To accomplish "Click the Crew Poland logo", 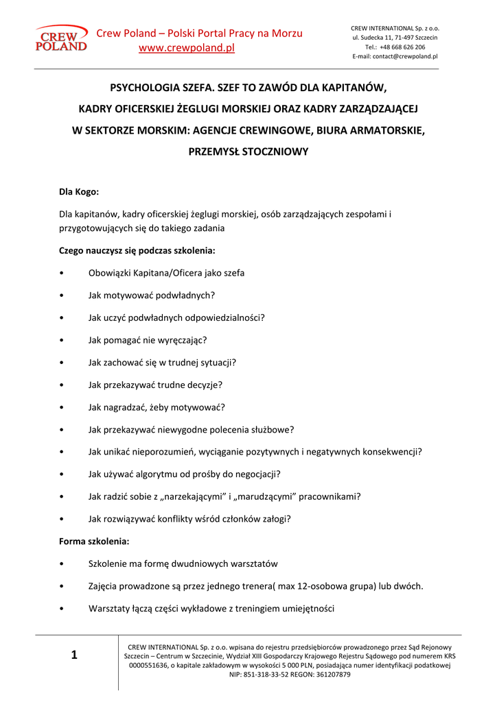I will [61, 38].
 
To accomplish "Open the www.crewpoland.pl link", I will [187, 48].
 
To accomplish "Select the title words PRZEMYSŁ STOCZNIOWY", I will [248, 152].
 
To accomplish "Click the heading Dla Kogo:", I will [79, 192].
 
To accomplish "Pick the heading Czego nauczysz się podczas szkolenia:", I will [137, 250].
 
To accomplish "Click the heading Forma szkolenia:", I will [94, 541].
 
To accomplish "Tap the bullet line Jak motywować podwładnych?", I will [151, 295].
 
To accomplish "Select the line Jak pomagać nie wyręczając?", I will [147, 340].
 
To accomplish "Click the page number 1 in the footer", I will [74, 656].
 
